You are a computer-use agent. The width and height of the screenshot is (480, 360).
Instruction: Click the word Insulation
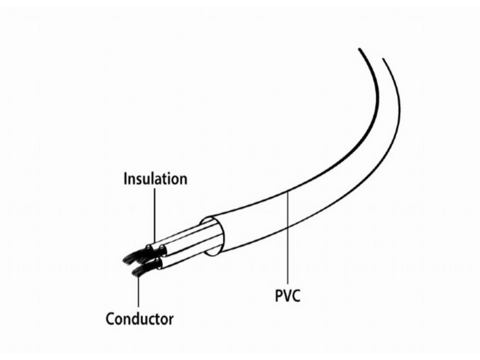pyautogui.click(x=155, y=179)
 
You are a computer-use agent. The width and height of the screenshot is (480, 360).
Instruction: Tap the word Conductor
pyautogui.click(x=140, y=319)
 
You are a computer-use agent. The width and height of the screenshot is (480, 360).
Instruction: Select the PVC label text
pyautogui.click(x=288, y=295)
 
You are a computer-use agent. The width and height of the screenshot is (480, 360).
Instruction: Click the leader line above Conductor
pyautogui.click(x=139, y=290)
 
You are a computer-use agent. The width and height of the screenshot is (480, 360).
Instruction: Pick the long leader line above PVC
pyautogui.click(x=288, y=238)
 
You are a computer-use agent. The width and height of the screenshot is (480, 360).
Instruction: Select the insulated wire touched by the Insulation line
pyautogui.click(x=181, y=234)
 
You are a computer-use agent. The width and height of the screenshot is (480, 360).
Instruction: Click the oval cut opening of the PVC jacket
pyautogui.click(x=212, y=236)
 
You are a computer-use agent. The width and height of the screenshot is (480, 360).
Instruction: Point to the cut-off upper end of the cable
pyautogui.click(x=371, y=53)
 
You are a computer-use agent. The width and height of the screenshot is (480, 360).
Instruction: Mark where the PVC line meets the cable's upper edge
pyautogui.click(x=288, y=192)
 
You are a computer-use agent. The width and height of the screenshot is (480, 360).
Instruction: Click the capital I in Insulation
pyautogui.click(x=125, y=179)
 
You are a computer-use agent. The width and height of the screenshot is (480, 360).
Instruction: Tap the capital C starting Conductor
pyautogui.click(x=110, y=319)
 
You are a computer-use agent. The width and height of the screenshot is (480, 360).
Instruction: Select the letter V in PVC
pyautogui.click(x=287, y=296)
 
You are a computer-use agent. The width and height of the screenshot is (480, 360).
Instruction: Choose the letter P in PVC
pyautogui.click(x=279, y=296)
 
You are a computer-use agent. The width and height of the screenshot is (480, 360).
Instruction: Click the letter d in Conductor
pyautogui.click(x=138, y=319)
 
